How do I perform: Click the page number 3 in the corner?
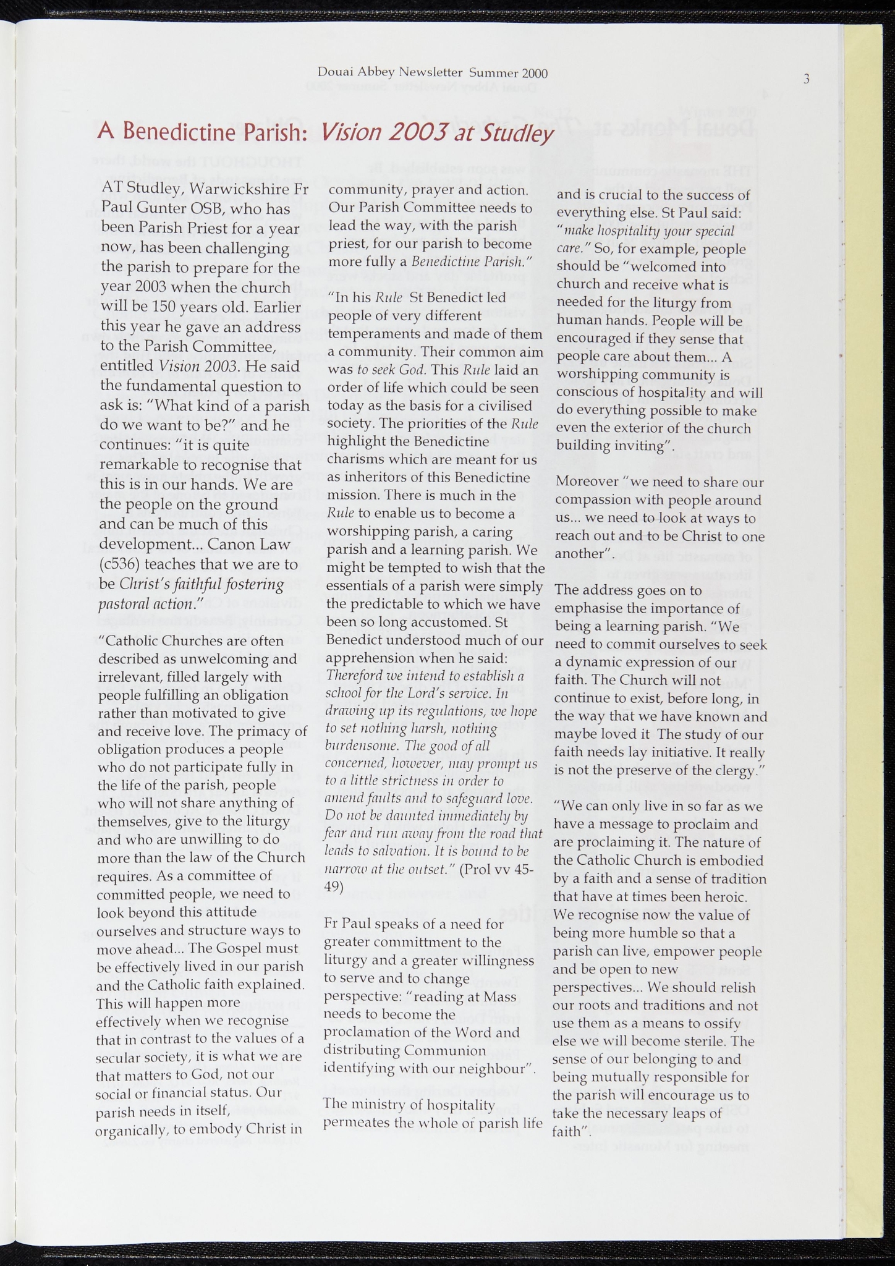(x=806, y=79)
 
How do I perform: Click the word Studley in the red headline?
(x=519, y=132)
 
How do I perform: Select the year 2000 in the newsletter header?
(x=535, y=73)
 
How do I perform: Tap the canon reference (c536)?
(x=121, y=564)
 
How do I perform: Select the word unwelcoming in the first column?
(x=232, y=658)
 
